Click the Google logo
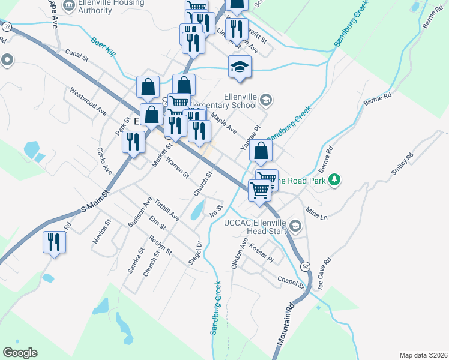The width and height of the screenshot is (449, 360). coord(20,353)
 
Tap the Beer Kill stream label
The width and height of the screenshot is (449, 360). coord(103,48)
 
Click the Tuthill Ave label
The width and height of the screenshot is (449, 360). coord(166,209)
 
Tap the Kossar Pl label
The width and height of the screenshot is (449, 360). coord(261,253)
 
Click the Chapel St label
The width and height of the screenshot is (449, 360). coord(291,281)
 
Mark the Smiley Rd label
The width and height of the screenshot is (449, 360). coord(402,163)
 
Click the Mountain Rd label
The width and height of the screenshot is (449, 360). coord(287,324)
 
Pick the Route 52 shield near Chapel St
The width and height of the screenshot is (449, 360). coord(306,266)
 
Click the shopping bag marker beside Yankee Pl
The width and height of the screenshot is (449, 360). coord(261,152)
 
